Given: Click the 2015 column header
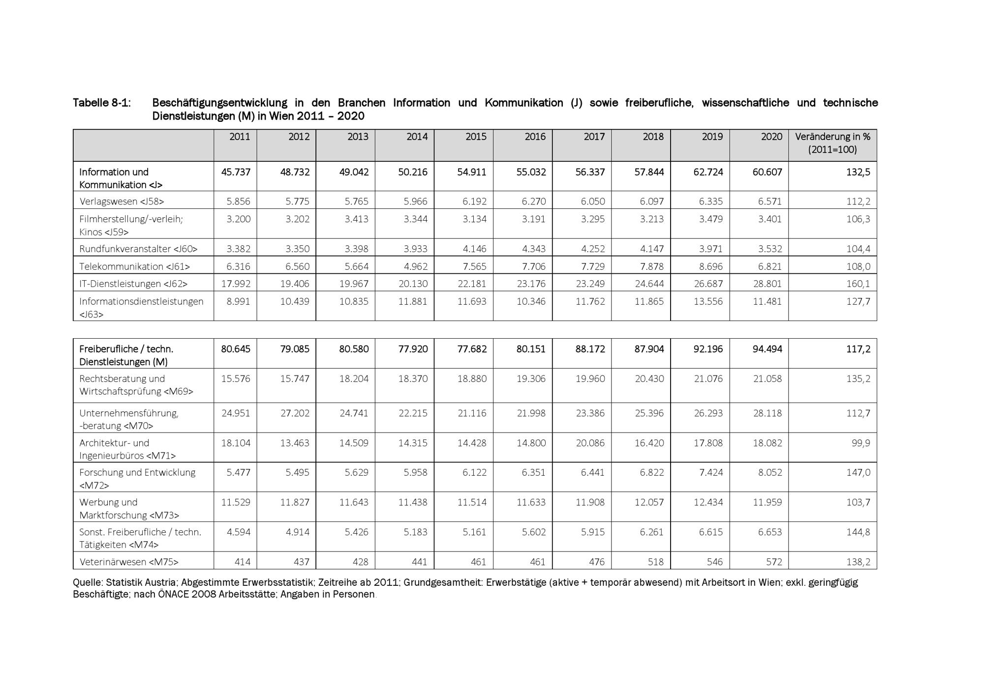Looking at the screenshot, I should [476, 137].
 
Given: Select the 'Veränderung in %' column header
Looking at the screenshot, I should [832, 143].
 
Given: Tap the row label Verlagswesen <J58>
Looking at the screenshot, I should [122, 202].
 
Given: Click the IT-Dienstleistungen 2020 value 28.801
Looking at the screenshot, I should [767, 284].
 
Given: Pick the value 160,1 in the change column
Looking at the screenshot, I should [858, 284].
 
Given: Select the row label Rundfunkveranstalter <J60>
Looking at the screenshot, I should [138, 249].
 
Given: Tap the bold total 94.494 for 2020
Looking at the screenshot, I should [767, 349].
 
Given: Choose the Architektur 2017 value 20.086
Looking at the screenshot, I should [590, 443].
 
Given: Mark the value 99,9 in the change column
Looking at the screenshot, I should [861, 443].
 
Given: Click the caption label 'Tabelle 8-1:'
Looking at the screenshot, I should [102, 103].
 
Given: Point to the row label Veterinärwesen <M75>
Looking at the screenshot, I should [129, 562].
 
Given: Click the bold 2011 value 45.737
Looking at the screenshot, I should [236, 172].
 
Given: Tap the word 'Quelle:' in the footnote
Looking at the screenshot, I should [88, 582].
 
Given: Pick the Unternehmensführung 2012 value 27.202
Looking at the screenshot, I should [295, 413].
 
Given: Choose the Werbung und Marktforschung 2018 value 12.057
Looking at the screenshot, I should [649, 502].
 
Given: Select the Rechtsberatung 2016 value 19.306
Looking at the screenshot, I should [531, 378].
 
